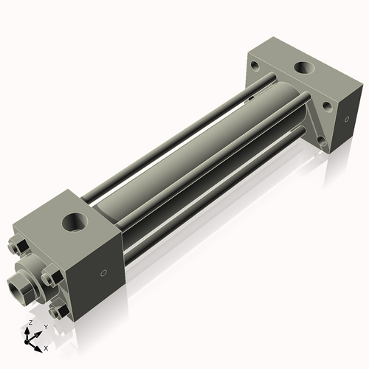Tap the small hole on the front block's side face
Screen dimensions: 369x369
tap(103, 274)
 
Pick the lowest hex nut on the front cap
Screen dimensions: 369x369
tap(55, 312)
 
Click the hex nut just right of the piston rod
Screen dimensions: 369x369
tap(49, 278)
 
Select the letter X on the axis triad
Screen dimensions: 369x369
tap(46, 346)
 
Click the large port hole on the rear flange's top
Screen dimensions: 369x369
tap(303, 69)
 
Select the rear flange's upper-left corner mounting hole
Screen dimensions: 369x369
tap(255, 66)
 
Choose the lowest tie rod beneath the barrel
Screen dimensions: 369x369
tap(214, 192)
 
